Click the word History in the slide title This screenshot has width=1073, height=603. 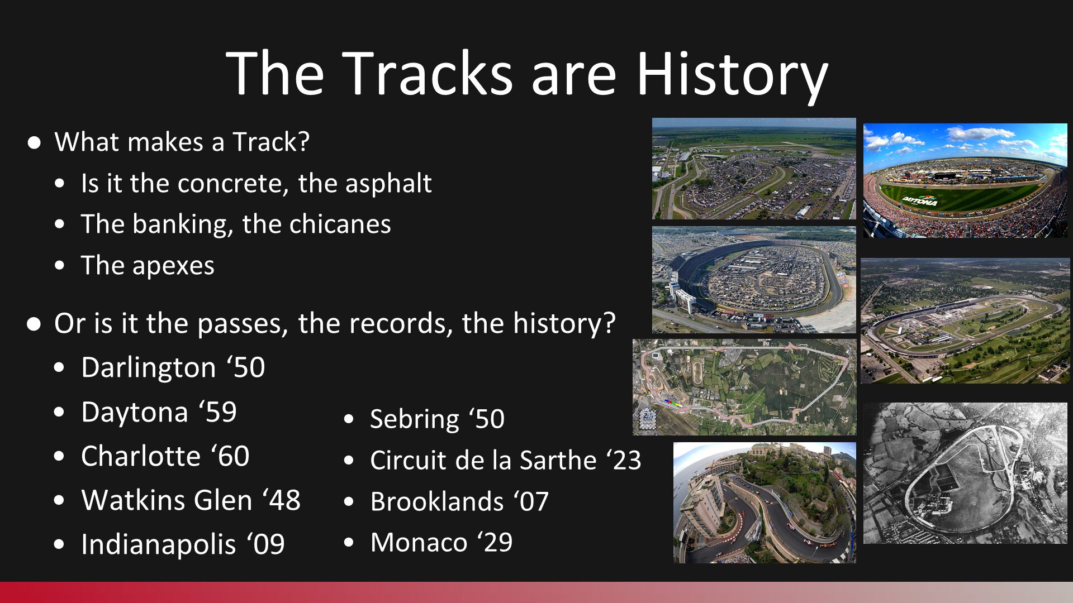click(x=732, y=74)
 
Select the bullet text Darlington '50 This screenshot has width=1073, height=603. click(x=173, y=367)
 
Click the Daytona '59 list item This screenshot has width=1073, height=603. click(x=159, y=413)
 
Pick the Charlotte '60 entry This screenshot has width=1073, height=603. click(x=165, y=456)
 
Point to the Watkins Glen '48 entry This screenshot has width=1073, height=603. click(x=191, y=500)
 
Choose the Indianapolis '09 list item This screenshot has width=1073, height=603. click(x=183, y=544)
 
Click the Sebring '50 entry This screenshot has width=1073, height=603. click(x=438, y=419)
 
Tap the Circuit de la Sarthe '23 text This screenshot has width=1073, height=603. click(x=506, y=460)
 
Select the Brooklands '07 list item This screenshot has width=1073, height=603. click(x=459, y=501)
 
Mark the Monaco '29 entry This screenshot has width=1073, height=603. click(x=441, y=542)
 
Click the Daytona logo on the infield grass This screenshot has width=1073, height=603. click(x=920, y=199)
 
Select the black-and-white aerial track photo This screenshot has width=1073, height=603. click(x=965, y=473)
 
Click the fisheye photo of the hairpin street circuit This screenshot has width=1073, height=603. click(x=765, y=502)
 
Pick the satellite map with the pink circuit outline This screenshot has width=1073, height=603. click(x=744, y=387)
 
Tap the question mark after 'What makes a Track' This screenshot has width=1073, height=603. click(x=304, y=142)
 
